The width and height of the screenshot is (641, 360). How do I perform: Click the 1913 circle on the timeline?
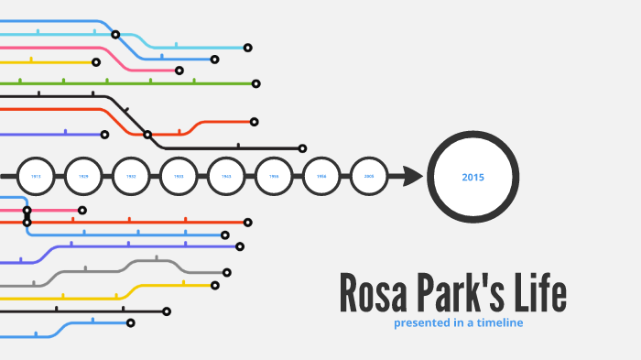[36, 176]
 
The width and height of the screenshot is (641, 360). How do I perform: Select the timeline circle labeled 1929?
[83, 176]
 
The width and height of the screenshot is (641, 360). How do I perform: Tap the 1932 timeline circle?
[131, 176]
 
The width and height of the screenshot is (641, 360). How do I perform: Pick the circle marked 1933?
[179, 176]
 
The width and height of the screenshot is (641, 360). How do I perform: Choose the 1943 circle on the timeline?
[226, 176]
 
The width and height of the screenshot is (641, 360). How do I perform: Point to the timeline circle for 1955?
[274, 176]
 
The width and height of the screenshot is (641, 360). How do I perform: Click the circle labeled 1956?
[321, 176]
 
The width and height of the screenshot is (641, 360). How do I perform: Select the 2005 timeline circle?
[369, 176]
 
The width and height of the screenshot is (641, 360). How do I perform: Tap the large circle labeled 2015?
[473, 177]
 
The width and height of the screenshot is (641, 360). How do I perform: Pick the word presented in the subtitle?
[422, 322]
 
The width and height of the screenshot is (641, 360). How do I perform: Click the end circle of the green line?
[255, 83]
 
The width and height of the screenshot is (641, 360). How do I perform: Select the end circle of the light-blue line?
[247, 48]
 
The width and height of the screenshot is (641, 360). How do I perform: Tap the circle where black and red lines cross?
[147, 135]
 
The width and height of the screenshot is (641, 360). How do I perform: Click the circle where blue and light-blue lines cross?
[115, 35]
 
